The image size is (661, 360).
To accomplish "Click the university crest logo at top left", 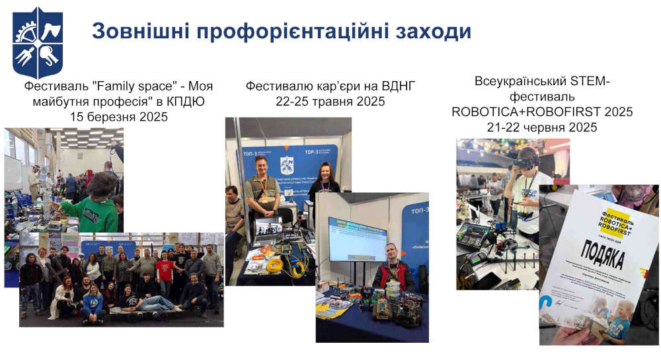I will coord(38,43).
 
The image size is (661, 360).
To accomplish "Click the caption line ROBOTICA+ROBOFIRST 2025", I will coord(542,112).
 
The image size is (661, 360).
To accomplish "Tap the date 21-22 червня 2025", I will coord(542,127).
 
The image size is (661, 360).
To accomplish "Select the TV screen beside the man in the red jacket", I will coord(357,238).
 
